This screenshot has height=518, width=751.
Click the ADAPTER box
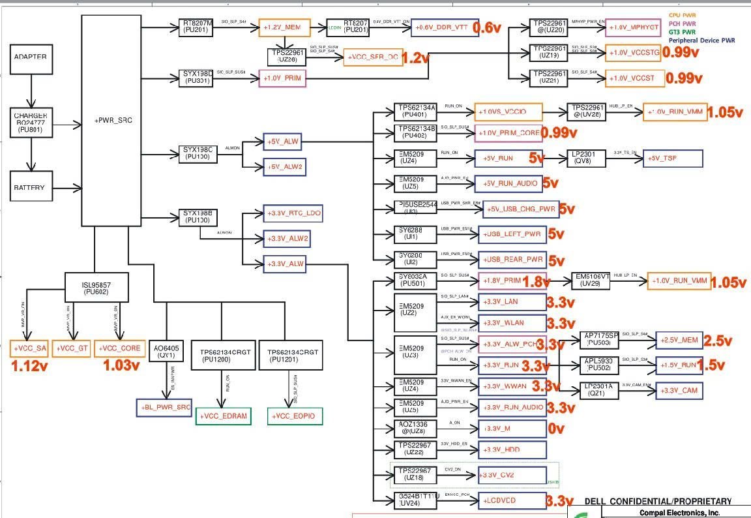click(31, 58)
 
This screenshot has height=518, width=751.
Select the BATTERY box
click(30, 188)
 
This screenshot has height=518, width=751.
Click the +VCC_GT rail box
click(72, 349)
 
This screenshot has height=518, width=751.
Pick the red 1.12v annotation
click(31, 366)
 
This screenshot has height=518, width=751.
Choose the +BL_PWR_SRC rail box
click(164, 407)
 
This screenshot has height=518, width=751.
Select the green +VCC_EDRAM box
click(224, 416)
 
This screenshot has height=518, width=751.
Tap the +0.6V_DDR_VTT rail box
click(445, 28)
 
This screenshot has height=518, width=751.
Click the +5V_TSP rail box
click(673, 159)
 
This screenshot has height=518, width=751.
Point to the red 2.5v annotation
click(718, 341)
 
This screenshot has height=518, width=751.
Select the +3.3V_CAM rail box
click(679, 390)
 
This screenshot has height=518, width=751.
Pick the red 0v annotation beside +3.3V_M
click(556, 429)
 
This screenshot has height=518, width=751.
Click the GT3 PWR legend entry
click(681, 32)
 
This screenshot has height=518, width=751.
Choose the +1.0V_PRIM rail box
click(282, 78)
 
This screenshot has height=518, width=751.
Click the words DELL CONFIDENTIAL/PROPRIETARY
click(658, 502)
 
